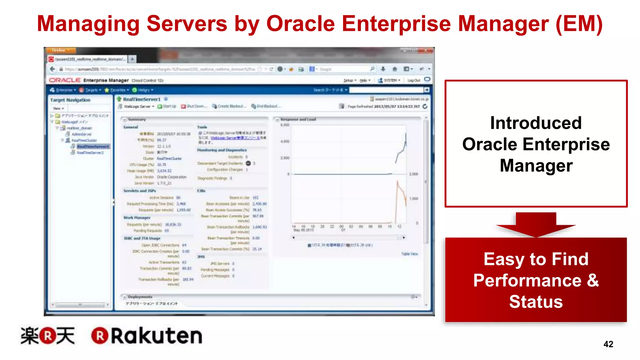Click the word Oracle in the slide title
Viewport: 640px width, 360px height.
pyautogui.click(x=300, y=24)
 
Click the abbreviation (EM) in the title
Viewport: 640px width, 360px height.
pyautogui.click(x=579, y=24)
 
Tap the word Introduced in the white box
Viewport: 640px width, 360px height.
pyautogui.click(x=536, y=123)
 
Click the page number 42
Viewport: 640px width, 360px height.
pyautogui.click(x=608, y=344)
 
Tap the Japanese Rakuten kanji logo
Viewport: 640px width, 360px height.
pyautogui.click(x=47, y=336)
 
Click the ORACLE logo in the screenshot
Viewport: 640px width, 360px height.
pyautogui.click(x=65, y=80)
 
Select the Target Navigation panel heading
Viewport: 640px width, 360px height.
pyautogui.click(x=70, y=100)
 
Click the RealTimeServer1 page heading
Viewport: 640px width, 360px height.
pyautogui.click(x=142, y=99)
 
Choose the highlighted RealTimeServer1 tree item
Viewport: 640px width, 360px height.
pyautogui.click(x=93, y=147)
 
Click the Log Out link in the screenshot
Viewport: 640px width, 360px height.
pyautogui.click(x=413, y=80)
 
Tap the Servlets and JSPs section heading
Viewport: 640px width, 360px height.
pyautogui.click(x=140, y=191)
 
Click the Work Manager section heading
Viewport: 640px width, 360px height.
pyautogui.click(x=137, y=217)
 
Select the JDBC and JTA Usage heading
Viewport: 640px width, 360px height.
pyautogui.click(x=142, y=238)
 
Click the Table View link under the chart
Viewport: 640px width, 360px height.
pyautogui.click(x=409, y=254)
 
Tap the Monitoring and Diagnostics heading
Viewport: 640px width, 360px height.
pyautogui.click(x=222, y=150)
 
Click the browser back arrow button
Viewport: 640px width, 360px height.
pyautogui.click(x=52, y=69)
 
